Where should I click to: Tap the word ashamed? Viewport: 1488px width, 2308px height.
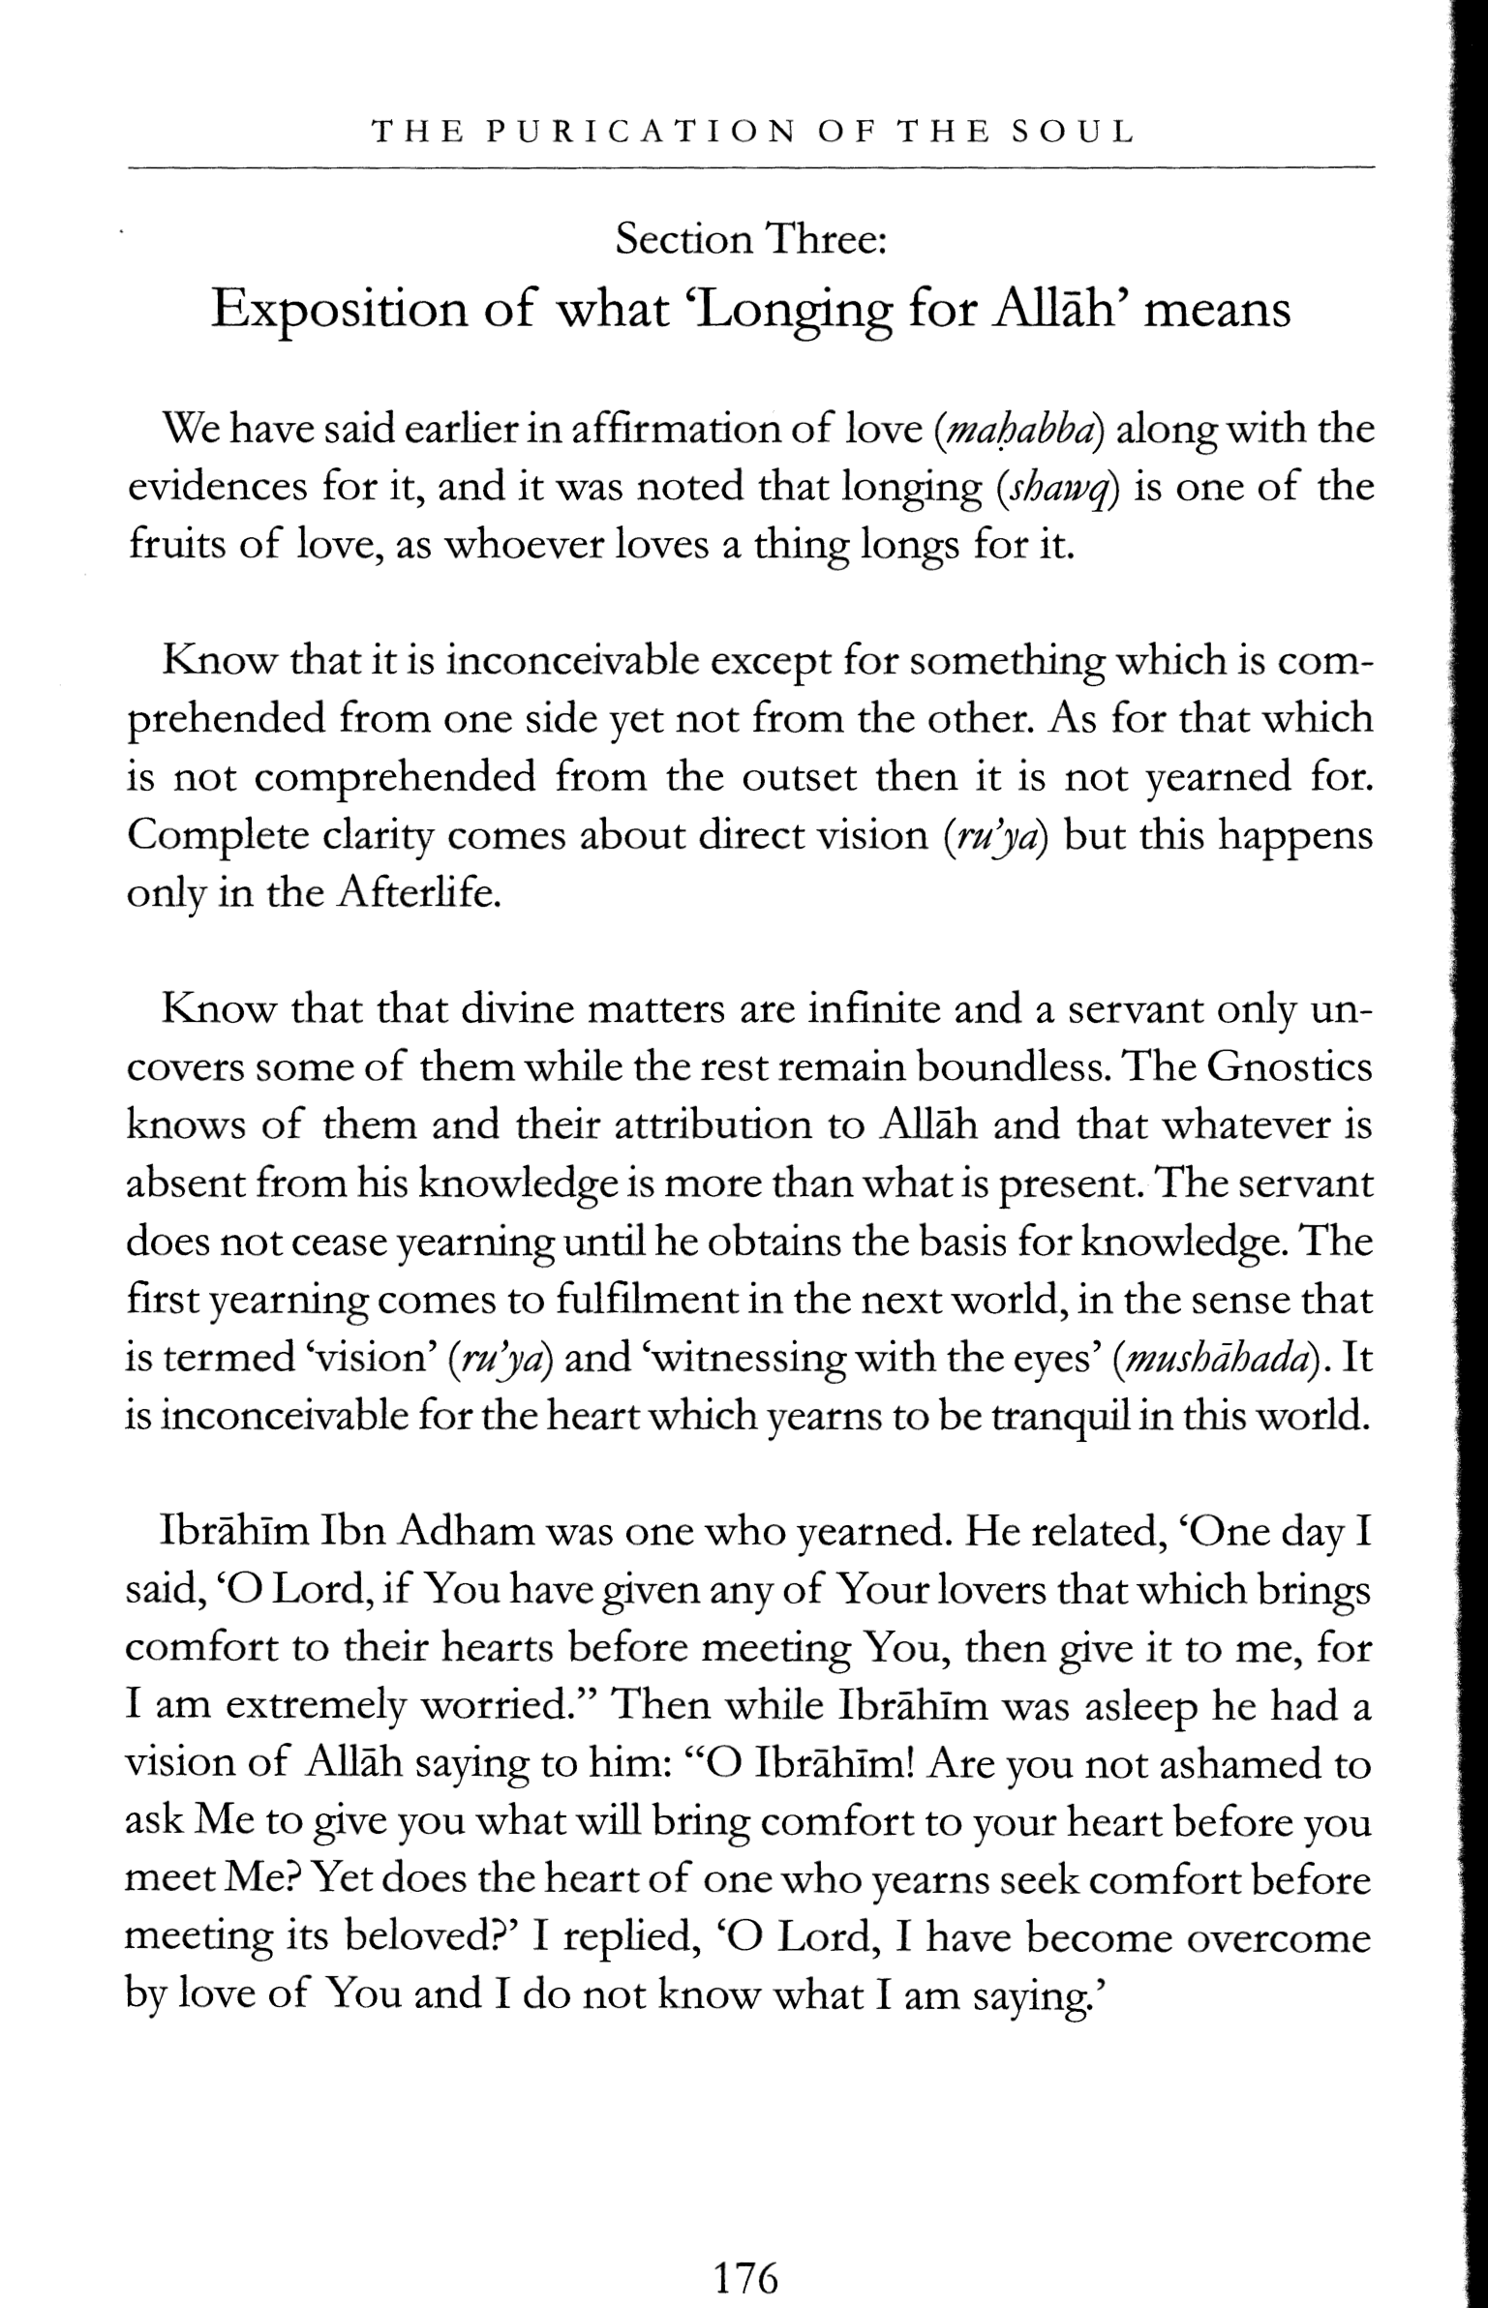click(1240, 1766)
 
